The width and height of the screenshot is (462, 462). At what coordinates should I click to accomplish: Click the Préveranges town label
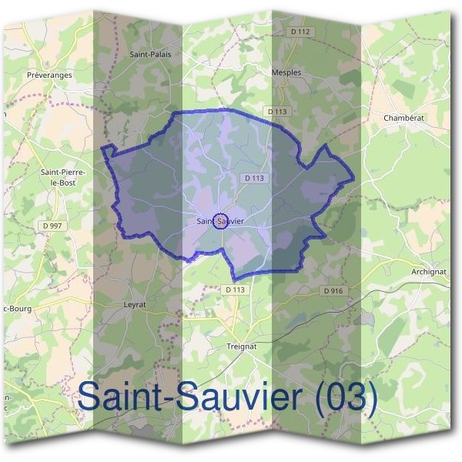tap(49, 75)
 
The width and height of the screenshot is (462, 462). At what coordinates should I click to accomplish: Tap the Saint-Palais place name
tap(150, 54)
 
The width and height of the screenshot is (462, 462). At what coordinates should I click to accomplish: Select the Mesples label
tap(286, 72)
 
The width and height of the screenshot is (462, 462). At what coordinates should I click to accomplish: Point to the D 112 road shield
tap(302, 32)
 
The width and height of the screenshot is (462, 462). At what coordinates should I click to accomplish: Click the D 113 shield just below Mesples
tap(277, 112)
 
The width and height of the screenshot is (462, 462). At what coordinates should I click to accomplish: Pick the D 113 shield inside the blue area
tap(255, 178)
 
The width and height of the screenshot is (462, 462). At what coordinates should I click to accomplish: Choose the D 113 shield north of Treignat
tap(236, 290)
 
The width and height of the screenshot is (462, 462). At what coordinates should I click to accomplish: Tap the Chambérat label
tap(403, 118)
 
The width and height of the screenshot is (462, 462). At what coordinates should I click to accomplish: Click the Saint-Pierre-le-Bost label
tap(63, 178)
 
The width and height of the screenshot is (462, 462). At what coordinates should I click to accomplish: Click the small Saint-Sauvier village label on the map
tap(221, 222)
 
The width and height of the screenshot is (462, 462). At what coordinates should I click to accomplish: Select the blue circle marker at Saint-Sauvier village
tap(220, 221)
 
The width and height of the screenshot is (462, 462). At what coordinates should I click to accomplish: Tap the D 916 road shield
tap(333, 291)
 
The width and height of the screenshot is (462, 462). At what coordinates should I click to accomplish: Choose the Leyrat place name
tap(135, 304)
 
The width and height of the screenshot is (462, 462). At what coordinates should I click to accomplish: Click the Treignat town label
tap(241, 346)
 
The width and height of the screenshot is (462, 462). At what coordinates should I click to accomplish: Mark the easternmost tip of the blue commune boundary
tap(355, 179)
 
